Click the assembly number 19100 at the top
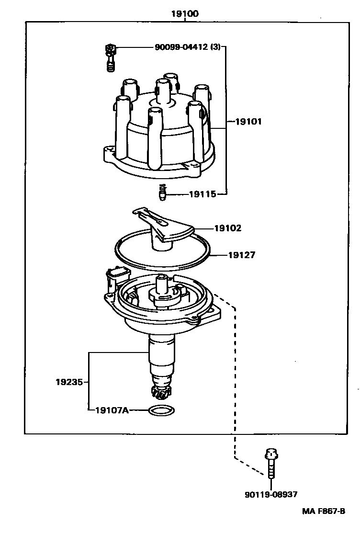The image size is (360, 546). (185, 14)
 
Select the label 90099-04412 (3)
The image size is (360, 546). (188, 47)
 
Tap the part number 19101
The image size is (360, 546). (248, 122)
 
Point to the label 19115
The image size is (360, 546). (202, 194)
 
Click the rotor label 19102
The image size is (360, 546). (228, 228)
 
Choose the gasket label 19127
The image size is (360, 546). (241, 255)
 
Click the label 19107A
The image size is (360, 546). (112, 410)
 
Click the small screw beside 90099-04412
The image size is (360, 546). (111, 57)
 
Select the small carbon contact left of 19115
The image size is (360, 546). (162, 193)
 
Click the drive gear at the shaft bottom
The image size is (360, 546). (160, 392)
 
